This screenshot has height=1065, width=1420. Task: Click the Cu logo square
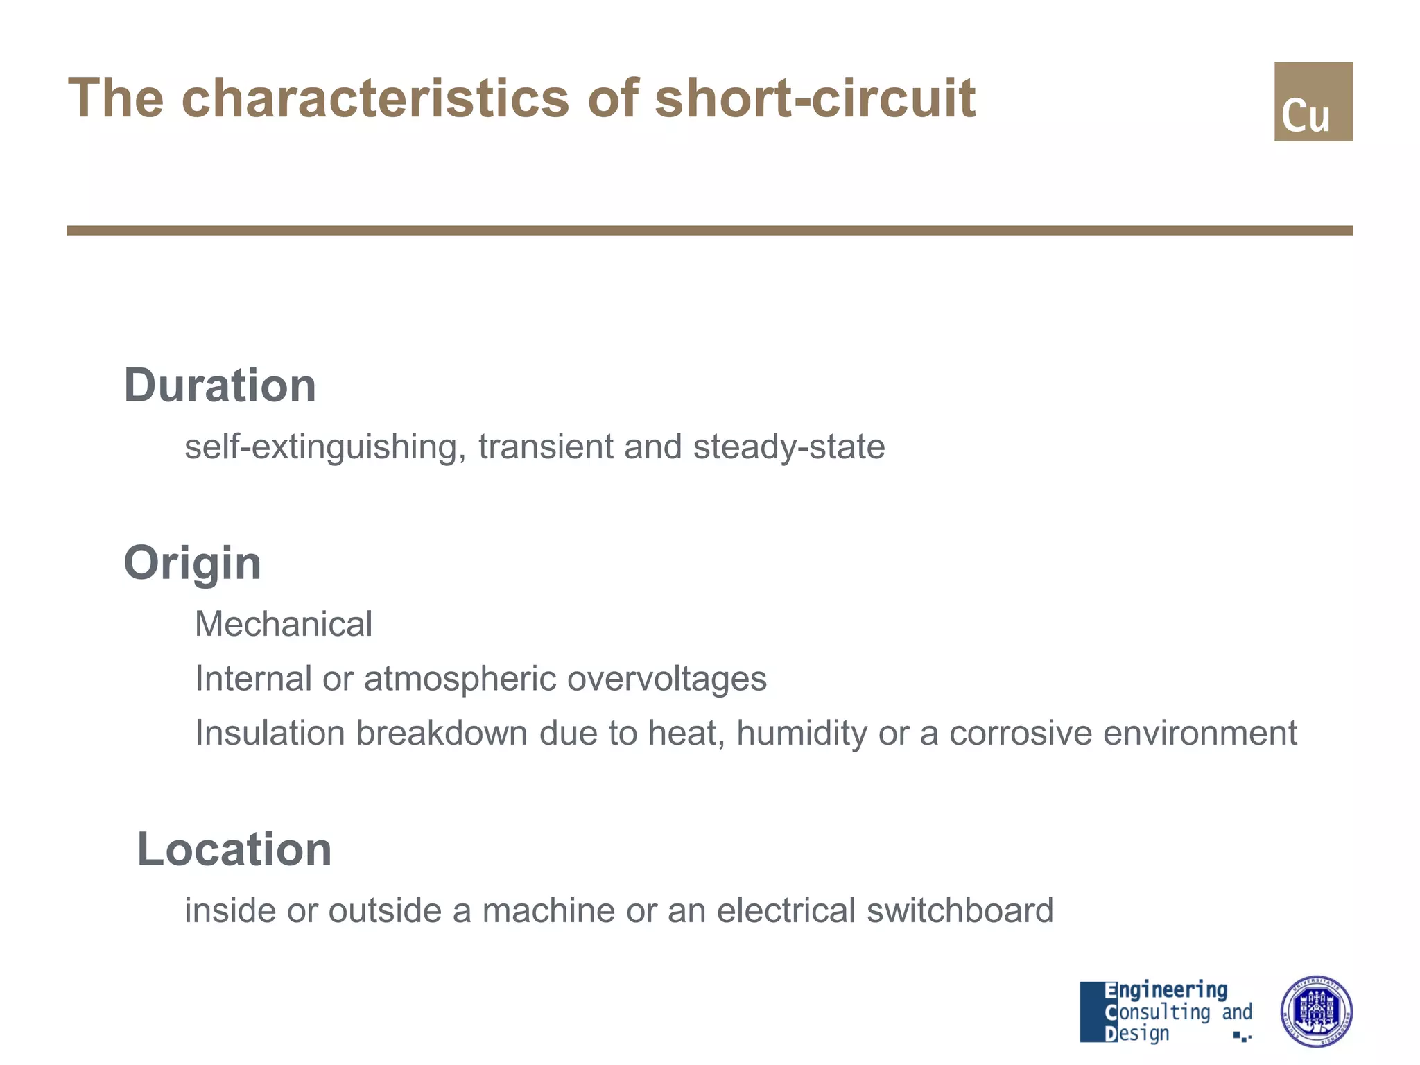[x=1313, y=101]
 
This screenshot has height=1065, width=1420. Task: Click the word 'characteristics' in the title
[x=375, y=98]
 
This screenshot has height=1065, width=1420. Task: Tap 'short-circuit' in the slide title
[x=815, y=98]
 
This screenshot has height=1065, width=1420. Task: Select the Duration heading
[x=220, y=386]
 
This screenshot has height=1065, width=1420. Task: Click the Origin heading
[x=192, y=563]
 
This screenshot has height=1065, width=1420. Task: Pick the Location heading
[x=234, y=849]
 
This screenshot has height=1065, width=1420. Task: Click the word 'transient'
[x=545, y=447]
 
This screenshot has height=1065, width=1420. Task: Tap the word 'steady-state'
[x=789, y=447]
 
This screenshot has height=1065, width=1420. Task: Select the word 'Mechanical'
[x=284, y=624]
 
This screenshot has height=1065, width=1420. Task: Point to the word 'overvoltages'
[x=667, y=679]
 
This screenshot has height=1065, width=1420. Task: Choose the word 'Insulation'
[x=270, y=733]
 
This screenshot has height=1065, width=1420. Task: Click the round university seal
[x=1316, y=1011]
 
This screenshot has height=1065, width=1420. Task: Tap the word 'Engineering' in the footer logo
[x=1166, y=990]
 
